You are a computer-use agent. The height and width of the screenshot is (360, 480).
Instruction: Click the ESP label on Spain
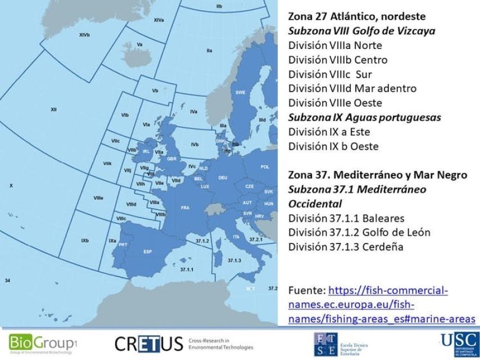point(148,251)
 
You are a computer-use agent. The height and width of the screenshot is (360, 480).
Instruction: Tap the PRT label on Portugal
point(123,245)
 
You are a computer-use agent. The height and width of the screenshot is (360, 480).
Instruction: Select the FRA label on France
point(185,208)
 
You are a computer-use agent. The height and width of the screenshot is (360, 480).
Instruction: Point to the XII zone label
point(53,109)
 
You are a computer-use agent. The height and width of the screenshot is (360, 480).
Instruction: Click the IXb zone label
point(84,241)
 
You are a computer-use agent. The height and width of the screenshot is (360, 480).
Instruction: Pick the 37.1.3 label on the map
point(234,260)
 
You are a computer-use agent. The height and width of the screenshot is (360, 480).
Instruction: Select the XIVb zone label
point(84,35)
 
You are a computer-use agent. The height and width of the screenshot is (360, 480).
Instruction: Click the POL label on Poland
point(265,166)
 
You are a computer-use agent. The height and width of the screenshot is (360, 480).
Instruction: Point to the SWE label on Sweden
point(241,92)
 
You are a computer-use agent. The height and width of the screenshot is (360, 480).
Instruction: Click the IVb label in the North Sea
point(194,145)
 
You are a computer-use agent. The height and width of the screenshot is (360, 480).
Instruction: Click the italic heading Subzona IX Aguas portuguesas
point(364,118)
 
